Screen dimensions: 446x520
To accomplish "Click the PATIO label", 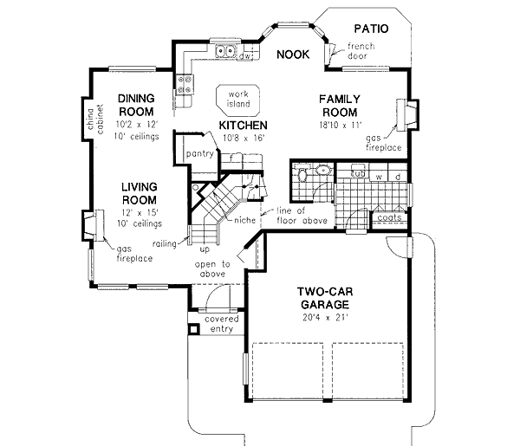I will click(369, 29).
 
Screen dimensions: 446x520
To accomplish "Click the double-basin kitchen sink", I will click(228, 52).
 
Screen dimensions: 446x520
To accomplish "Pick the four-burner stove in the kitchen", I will click(185, 83).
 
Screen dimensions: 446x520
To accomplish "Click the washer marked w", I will click(378, 178).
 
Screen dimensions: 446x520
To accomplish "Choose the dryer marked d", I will click(397, 178).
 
